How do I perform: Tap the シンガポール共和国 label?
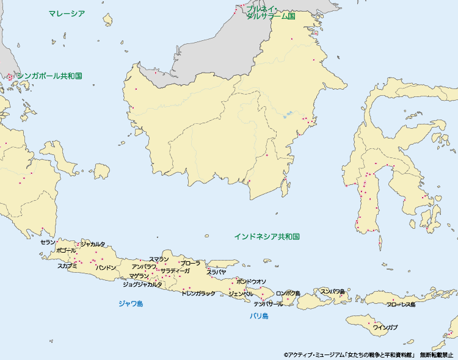tap(49, 76)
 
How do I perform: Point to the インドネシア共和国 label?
tap(267, 236)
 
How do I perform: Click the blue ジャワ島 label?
tap(131, 303)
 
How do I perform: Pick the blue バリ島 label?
tap(259, 316)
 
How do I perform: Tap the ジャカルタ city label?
tap(93, 244)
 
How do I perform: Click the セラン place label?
tap(48, 242)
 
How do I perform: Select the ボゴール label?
tap(65, 251)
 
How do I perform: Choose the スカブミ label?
tap(67, 266)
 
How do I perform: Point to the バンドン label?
tap(106, 268)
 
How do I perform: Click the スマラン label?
tap(159, 259)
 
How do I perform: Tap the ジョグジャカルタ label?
tap(142, 284)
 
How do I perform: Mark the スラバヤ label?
tap(216, 272)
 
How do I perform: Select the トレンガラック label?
tap(198, 293)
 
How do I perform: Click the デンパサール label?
tap(268, 303)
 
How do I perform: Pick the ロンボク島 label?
tap(288, 293)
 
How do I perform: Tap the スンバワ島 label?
tap(332, 292)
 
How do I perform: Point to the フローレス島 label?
tap(401, 304)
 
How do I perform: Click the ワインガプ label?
tap(385, 328)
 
